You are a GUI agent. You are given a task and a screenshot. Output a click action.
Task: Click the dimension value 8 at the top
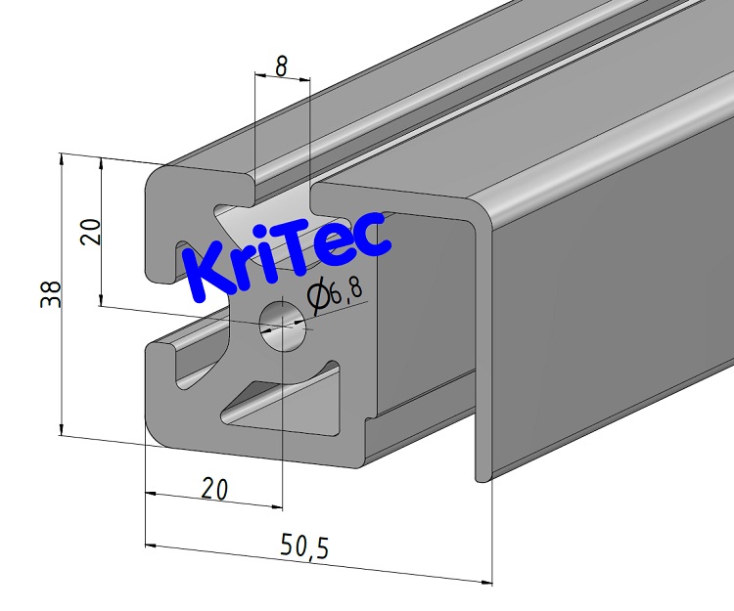pyautogui.click(x=281, y=66)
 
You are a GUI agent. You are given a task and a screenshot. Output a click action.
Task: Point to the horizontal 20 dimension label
pyautogui.click(x=215, y=488)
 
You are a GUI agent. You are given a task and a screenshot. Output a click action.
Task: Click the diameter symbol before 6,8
pyautogui.click(x=316, y=295)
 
